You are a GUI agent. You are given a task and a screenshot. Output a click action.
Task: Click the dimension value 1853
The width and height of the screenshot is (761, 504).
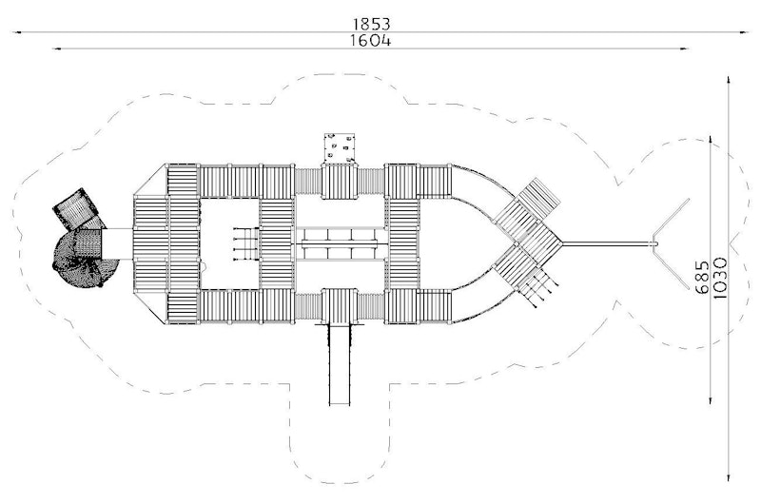click(371, 23)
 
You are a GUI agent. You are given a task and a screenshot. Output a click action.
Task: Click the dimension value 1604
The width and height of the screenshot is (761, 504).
click(371, 40)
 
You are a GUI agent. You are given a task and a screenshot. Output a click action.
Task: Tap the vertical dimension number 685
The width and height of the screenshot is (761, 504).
click(702, 277)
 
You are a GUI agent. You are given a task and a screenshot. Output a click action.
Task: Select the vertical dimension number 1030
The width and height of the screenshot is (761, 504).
click(720, 278)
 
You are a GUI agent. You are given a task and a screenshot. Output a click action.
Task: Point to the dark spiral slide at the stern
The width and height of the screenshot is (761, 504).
click(85, 257)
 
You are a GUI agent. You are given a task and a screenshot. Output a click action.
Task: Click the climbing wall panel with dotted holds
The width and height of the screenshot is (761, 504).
click(340, 148)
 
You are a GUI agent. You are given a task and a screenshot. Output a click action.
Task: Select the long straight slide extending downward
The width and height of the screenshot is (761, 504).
click(340, 365)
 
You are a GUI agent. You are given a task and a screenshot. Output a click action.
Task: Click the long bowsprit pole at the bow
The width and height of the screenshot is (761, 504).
click(607, 242)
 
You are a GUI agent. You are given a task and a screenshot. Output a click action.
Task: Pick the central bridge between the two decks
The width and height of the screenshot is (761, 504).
click(340, 243)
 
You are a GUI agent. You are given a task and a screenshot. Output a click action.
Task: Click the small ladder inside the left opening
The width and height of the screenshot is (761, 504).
click(246, 244)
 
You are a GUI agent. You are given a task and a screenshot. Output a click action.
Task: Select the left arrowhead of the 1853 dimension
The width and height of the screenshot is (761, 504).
click(16, 32)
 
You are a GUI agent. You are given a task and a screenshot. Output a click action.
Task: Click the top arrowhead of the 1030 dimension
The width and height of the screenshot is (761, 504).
click(729, 80)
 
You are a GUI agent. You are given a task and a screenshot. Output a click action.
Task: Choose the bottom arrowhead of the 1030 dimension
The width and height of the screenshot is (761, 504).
click(729, 477)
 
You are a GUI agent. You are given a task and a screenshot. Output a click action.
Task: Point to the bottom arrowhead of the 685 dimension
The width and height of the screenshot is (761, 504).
click(711, 399)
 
